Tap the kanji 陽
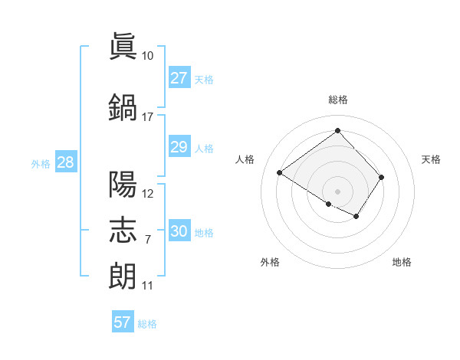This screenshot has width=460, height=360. coord(123,185)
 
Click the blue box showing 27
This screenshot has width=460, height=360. coord(179,78)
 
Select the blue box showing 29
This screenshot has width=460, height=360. coord(179,147)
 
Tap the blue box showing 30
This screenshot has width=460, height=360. coord(179,231)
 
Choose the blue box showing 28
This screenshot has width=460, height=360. coord(64,162)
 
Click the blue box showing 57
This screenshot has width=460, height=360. coord(123,322)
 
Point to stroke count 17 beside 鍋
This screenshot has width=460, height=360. coord(148,117)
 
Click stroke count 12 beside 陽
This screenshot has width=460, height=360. coord(148,194)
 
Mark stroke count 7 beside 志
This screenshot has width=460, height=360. coord(148,240)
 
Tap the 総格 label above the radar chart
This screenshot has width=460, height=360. coord(337,100)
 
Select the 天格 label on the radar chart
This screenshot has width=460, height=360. coord(432,159)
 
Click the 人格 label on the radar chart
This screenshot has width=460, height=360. coord(245,159)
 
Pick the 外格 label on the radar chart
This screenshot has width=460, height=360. coord(270,263)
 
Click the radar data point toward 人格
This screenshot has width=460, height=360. coord(280,173)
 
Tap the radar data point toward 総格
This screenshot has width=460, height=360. coord(337,130)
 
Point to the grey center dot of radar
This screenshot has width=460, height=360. coord(337,191)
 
